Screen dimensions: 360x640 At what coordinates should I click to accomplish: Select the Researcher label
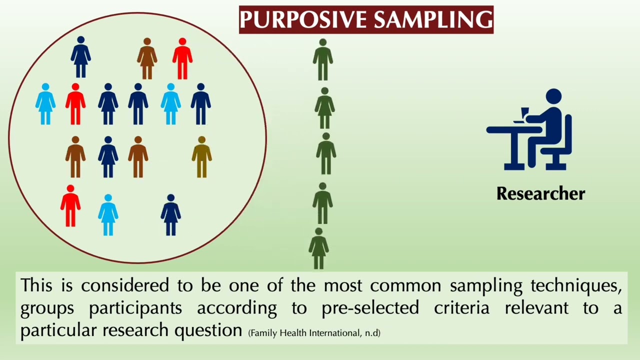pos(540,193)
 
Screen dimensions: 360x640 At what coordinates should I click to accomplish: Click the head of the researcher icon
pos(553,97)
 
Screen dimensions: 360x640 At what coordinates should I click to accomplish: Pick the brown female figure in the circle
pos(147,58)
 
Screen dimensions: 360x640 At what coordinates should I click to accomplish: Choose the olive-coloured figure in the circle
pos(201,156)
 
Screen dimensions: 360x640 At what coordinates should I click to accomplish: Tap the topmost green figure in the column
pos(323,59)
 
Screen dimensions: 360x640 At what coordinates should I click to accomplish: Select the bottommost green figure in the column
pos(318,248)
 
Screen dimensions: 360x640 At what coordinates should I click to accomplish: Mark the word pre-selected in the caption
pos(370,308)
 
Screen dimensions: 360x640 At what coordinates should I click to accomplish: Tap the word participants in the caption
pos(135,308)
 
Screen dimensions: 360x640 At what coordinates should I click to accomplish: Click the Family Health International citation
pos(314,332)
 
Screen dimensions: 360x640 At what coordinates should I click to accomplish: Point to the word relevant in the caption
pos(536,308)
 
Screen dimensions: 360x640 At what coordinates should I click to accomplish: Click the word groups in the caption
pos(47,308)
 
